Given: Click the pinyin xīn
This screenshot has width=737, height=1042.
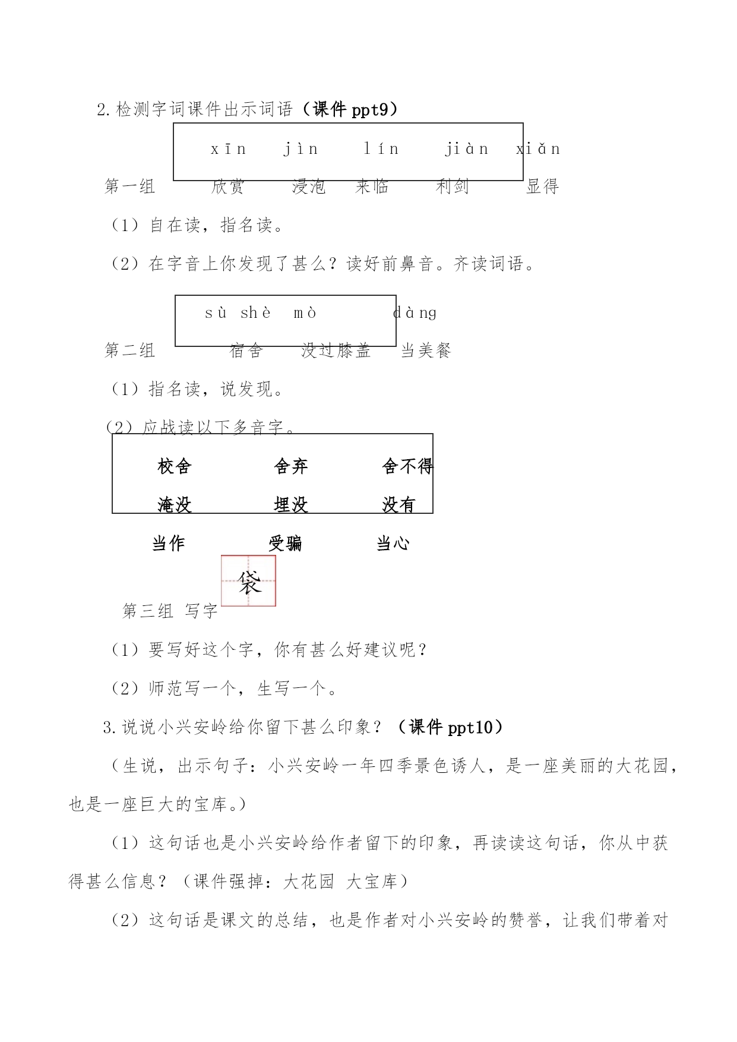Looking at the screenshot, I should pyautogui.click(x=229, y=149).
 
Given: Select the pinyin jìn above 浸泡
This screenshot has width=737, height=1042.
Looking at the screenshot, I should pyautogui.click(x=301, y=149).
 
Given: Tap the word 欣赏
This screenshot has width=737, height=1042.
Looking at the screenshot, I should pyautogui.click(x=228, y=187).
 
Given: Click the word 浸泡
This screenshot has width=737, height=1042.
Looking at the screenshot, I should pyautogui.click(x=309, y=187).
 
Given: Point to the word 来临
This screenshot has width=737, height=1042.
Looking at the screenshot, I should pyautogui.click(x=372, y=187).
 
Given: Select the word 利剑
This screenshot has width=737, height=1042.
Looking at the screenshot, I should pyautogui.click(x=453, y=187).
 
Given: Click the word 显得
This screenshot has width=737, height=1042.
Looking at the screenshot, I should pyautogui.click(x=543, y=187).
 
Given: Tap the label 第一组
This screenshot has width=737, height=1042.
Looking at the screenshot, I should pyautogui.click(x=130, y=187).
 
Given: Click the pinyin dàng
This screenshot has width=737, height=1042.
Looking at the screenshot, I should pyautogui.click(x=415, y=312).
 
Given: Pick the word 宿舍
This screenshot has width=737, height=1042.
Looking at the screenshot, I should pyautogui.click(x=246, y=351).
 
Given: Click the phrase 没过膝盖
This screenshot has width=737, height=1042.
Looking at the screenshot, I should pyautogui.click(x=336, y=351).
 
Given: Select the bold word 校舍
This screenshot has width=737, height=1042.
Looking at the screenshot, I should pyautogui.click(x=175, y=466).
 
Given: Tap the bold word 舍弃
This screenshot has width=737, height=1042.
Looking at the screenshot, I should pyautogui.click(x=291, y=466).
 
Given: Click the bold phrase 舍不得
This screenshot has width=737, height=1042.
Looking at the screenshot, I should pyautogui.click(x=408, y=466).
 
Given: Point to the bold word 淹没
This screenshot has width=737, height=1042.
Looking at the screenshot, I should pyautogui.click(x=175, y=505).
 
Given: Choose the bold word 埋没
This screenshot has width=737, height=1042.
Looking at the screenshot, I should pyautogui.click(x=291, y=505).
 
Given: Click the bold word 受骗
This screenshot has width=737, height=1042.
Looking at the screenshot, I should pyautogui.click(x=285, y=543).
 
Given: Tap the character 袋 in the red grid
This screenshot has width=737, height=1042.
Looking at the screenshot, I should pyautogui.click(x=249, y=582).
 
